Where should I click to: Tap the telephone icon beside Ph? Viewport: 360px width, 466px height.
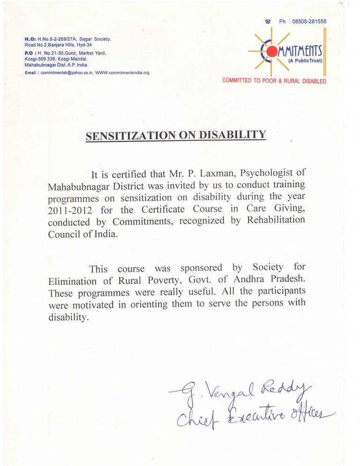click(x=268, y=22)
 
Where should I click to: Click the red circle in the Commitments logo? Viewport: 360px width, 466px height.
click(x=271, y=51)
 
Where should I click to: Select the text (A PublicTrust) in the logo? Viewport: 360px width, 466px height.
click(x=305, y=61)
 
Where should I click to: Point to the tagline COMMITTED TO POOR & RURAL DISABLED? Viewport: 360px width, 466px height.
click(x=274, y=81)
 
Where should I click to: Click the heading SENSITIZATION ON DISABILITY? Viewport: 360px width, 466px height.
click(x=176, y=135)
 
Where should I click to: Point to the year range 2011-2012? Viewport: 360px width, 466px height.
click(x=69, y=209)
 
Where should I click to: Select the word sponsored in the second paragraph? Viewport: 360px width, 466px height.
click(x=202, y=268)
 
